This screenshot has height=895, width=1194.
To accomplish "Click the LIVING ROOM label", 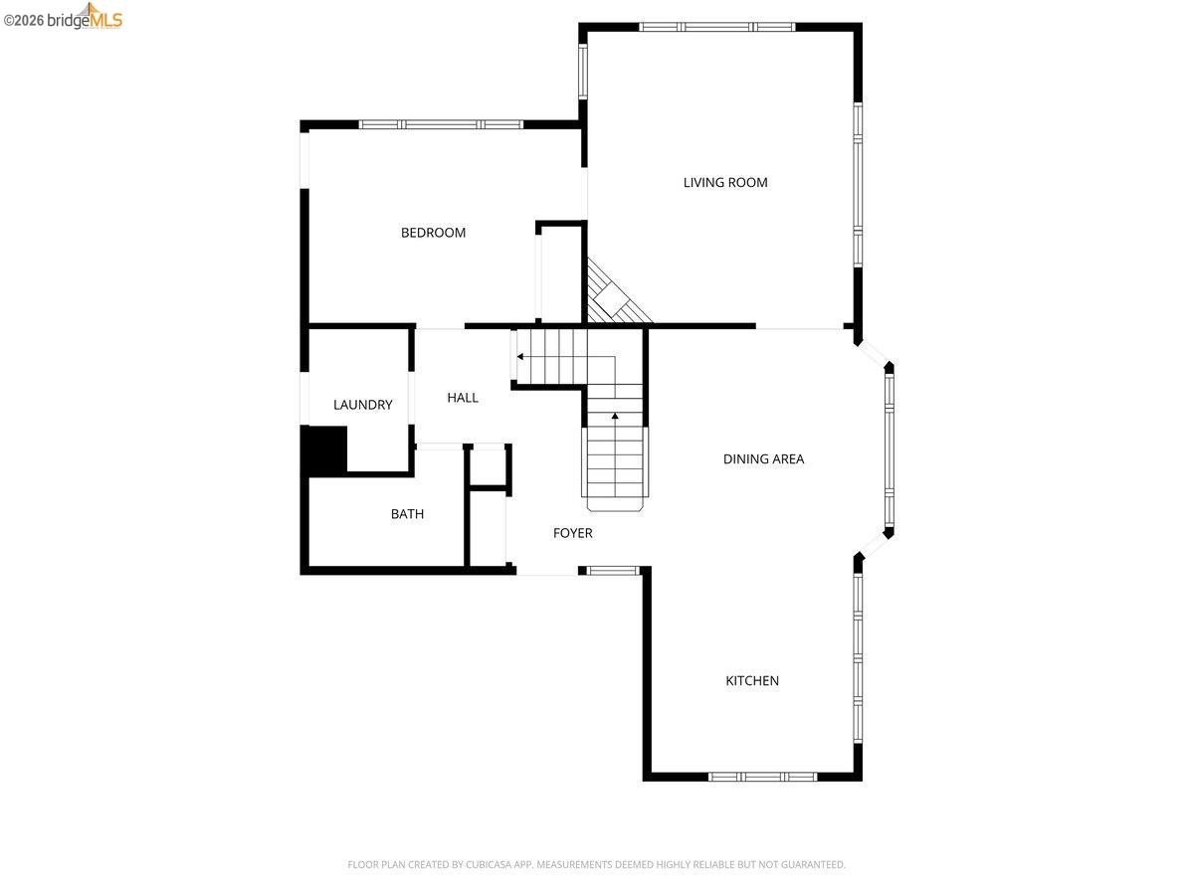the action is [x=725, y=183].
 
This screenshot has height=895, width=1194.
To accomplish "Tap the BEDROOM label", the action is [x=433, y=233].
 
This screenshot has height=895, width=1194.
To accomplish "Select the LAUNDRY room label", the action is [x=363, y=405].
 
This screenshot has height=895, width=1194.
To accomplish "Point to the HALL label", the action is [x=463, y=398].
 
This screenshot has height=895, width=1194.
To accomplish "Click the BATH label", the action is [x=407, y=514].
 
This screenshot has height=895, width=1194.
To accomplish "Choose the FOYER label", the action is [x=573, y=533].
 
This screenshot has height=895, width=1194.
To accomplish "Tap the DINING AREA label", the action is [x=763, y=459].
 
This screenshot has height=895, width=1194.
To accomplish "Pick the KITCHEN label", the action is [x=752, y=681].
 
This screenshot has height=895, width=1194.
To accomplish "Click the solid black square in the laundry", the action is [x=324, y=449].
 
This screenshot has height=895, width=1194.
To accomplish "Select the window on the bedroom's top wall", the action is [x=441, y=124].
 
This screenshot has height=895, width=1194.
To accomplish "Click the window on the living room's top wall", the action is [x=717, y=27].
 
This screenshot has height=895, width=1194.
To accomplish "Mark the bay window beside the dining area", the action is [x=890, y=450].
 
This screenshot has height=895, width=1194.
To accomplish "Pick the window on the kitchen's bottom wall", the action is [x=762, y=777].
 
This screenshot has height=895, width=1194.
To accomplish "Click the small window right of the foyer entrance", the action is [x=613, y=571].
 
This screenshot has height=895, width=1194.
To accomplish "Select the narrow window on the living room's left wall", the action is [x=583, y=72].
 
